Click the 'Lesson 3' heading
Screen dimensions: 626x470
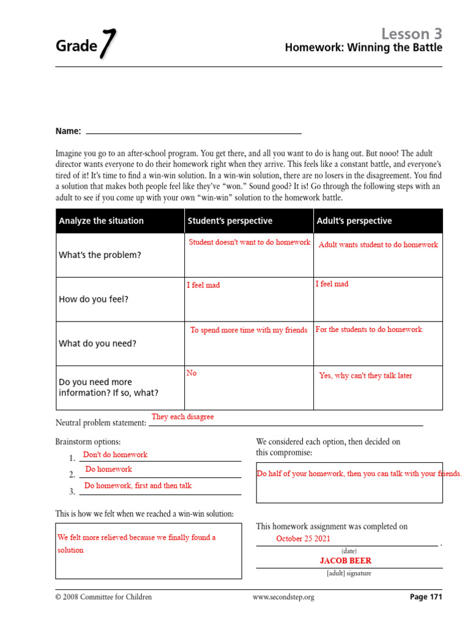point(411,33)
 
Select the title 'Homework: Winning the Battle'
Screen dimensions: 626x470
point(364,48)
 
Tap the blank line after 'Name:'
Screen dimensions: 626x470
point(193,131)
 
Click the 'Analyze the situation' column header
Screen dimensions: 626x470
point(101,221)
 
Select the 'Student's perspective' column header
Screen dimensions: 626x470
point(230,221)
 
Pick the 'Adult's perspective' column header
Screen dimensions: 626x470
point(354,221)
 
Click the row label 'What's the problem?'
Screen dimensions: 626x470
point(100,255)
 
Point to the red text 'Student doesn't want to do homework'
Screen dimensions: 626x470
point(249,242)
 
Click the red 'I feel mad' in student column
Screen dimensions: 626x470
point(203,285)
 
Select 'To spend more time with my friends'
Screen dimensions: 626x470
point(248,330)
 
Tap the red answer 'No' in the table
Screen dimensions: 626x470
point(192,373)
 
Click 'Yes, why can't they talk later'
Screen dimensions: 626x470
point(365,376)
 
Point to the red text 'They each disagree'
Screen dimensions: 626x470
point(182,416)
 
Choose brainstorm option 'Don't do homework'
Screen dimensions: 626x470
point(115,454)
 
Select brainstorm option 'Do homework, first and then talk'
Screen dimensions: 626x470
point(138,485)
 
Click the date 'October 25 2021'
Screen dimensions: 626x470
point(303,539)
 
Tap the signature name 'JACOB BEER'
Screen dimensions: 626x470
point(345,561)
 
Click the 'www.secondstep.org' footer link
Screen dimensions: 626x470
point(283,597)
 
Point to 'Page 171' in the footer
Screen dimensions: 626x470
point(425,597)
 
